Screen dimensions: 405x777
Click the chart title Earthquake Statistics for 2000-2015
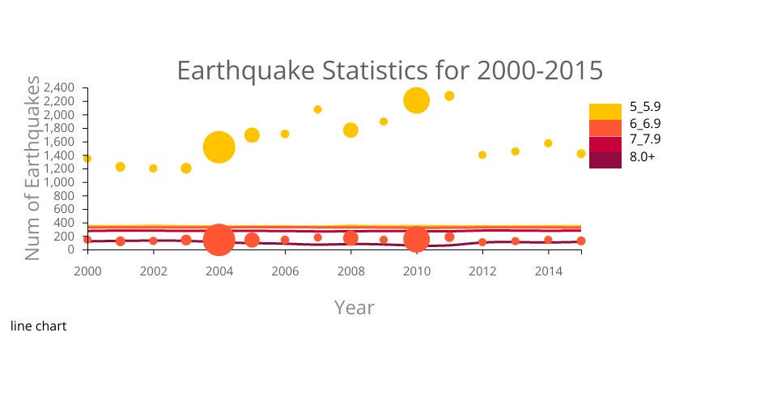coord(389,70)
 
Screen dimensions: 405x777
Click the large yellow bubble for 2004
coord(219,147)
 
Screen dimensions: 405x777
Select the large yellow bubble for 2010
coord(416,100)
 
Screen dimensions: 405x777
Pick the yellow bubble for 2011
coord(449,96)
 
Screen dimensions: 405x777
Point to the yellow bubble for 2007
coord(317,109)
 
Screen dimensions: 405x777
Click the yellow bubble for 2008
coord(350,130)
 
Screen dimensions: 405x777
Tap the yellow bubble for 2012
coord(482,155)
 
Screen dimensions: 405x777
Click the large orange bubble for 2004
coord(219,240)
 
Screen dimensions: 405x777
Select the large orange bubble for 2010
coord(416,239)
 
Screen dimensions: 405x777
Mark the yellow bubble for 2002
coord(153,168)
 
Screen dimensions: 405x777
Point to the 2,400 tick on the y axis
coord(62,87)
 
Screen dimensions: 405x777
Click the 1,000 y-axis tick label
coord(62,182)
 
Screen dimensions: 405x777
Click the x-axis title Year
coord(355,308)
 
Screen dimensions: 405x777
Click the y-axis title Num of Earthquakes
coord(32,168)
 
